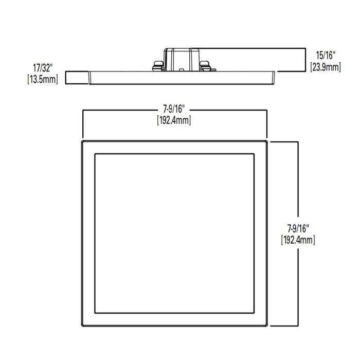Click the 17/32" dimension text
[43, 67]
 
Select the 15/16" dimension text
[325, 55]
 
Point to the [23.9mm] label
[325, 67]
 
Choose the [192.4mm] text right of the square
[298, 240]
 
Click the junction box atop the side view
[181, 58]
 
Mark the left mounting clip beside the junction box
[157, 65]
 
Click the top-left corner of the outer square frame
[82, 140]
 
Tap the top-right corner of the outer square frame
[267, 140]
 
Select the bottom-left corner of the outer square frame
[82, 325]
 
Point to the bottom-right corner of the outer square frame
[267, 325]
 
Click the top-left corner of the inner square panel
[95, 153]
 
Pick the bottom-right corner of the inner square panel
[255, 313]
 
